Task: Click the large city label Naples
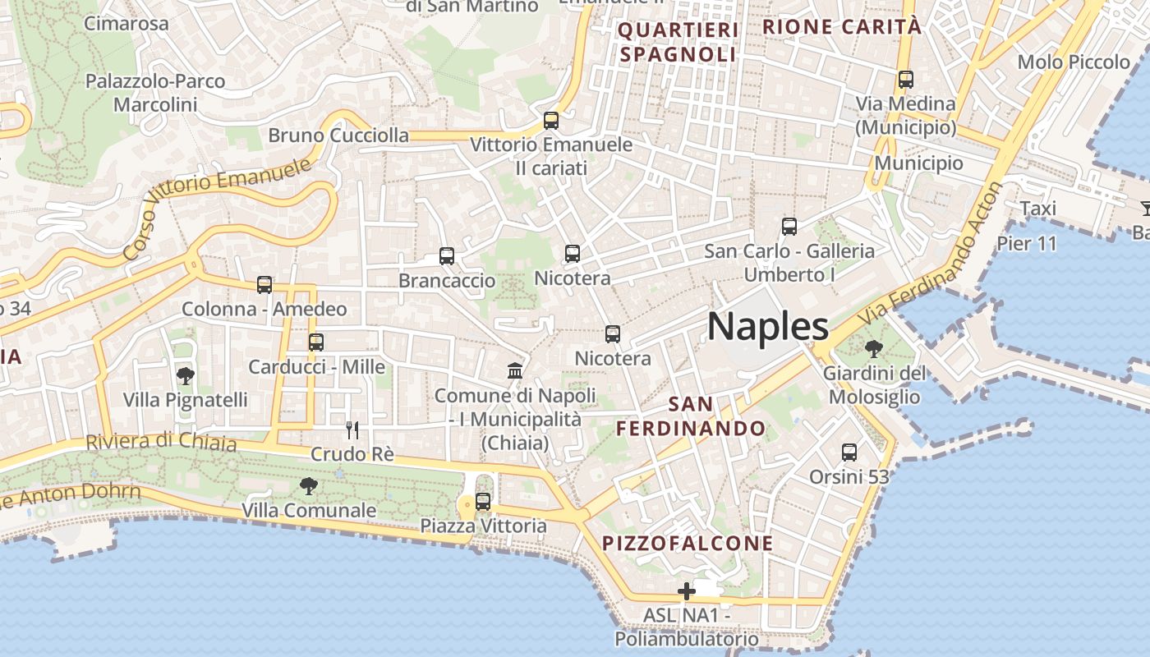point(768,327)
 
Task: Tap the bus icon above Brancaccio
point(447,256)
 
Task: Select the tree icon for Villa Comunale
point(309,486)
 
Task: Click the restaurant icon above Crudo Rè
point(352,430)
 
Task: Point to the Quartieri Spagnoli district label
point(678,43)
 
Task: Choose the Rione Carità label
point(842,26)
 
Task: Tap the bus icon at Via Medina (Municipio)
point(906,80)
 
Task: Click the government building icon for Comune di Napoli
point(515,371)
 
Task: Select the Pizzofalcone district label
point(688,543)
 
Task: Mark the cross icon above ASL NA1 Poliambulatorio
point(687,591)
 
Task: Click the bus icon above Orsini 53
point(849,453)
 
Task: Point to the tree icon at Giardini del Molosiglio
point(874,349)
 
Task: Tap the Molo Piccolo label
point(1074,62)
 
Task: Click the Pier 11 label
point(1026,243)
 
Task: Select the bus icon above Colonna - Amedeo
point(264,285)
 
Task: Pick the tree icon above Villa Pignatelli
point(186,376)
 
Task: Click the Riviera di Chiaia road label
point(161,442)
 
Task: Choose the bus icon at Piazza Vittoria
point(483,501)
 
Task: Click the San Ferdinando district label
point(691,416)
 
